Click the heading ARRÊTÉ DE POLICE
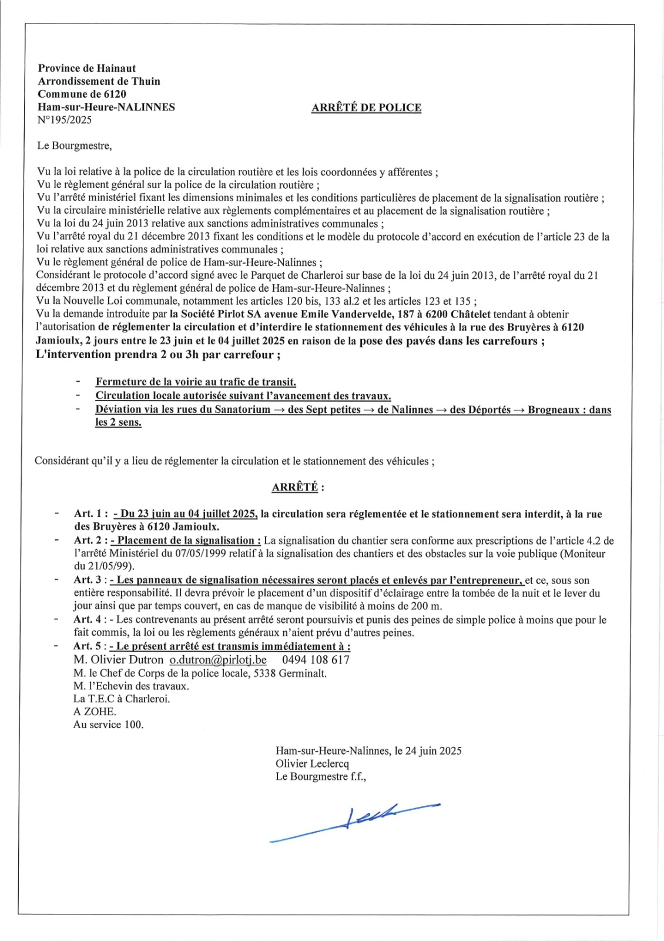pyautogui.click(x=366, y=108)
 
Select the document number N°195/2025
pyautogui.click(x=65, y=120)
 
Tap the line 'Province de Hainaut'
pyautogui.click(x=87, y=68)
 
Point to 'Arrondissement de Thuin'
pyautogui.click(x=99, y=81)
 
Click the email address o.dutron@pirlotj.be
pyautogui.click(x=218, y=660)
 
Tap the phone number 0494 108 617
pyautogui.click(x=316, y=660)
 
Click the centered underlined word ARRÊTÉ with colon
pyautogui.click(x=297, y=487)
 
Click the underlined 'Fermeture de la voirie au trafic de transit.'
pyautogui.click(x=196, y=382)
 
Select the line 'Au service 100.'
pyautogui.click(x=108, y=725)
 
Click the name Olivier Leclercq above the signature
pyautogui.click(x=312, y=763)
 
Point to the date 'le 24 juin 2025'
pyautogui.click(x=428, y=750)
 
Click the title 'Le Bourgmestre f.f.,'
pyautogui.click(x=321, y=776)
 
